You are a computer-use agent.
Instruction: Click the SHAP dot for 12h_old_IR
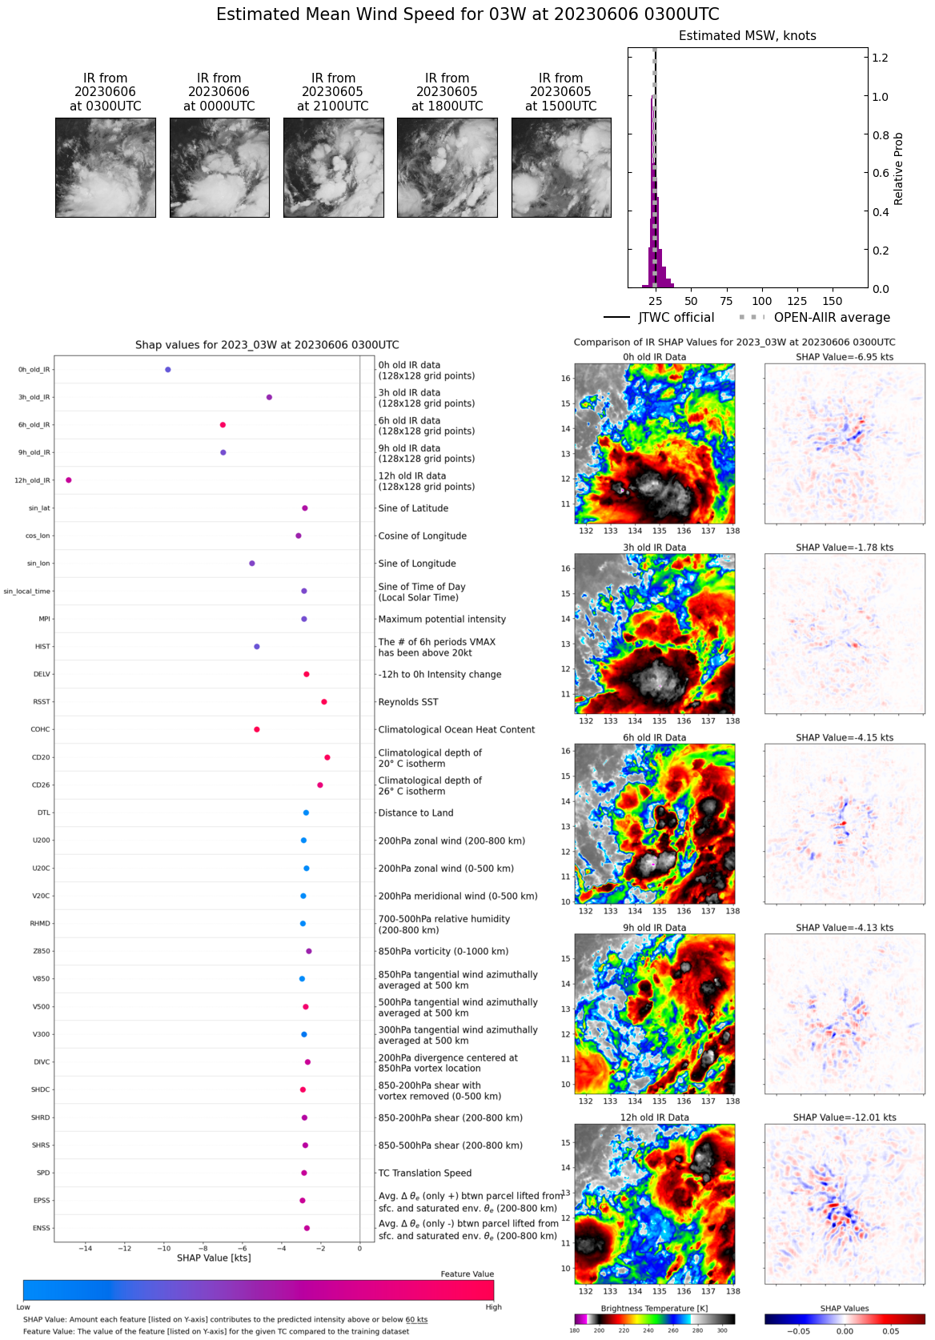[x=69, y=480]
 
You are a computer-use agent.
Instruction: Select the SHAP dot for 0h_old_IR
[x=167, y=370]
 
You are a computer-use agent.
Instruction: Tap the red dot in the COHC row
[x=256, y=729]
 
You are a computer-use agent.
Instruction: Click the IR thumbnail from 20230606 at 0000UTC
[x=219, y=167]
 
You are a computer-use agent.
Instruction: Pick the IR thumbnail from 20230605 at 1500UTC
[x=561, y=167]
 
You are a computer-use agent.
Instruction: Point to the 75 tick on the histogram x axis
[x=726, y=301]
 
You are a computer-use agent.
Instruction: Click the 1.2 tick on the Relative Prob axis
[x=880, y=58]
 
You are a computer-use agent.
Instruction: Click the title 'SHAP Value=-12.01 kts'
[x=845, y=1117]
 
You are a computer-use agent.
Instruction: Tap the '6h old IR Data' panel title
[x=654, y=737]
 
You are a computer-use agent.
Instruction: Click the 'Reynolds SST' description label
[x=408, y=702]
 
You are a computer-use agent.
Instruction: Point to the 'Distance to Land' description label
[x=415, y=812]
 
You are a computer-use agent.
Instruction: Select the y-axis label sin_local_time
[x=26, y=592]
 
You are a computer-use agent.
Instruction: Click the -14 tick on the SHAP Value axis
[x=85, y=1248]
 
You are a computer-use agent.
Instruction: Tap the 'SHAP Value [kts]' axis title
[x=214, y=1258]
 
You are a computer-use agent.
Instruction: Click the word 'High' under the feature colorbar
[x=493, y=1307]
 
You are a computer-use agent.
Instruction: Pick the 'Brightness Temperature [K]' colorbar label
[x=654, y=1308]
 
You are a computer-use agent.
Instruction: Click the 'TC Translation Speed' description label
[x=424, y=1173]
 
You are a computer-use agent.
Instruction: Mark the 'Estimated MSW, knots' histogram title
[x=747, y=36]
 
